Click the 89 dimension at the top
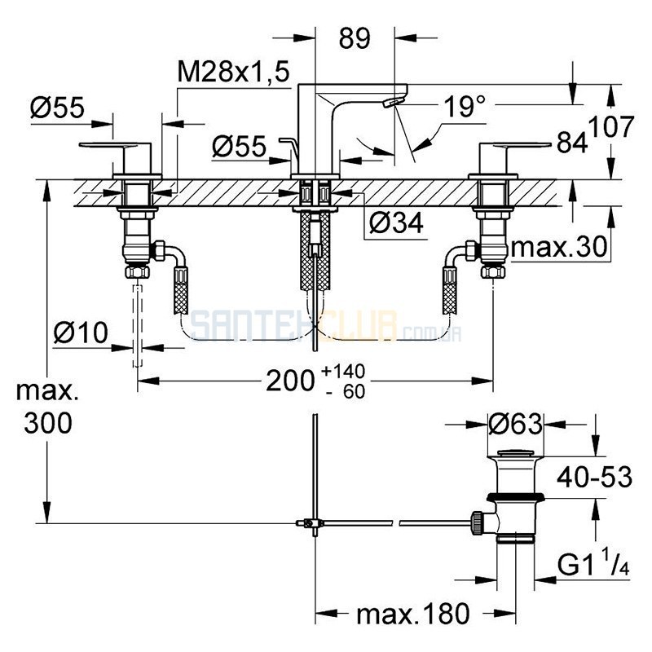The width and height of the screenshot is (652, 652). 355,38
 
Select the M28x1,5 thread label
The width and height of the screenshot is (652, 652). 233,72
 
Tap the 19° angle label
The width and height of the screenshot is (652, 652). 465,106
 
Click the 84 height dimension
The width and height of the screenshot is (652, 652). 573,142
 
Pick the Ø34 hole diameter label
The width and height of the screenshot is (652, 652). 396,222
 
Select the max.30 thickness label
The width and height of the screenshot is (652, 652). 559,247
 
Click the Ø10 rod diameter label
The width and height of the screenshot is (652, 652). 81,333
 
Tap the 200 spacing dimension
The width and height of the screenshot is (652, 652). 290,381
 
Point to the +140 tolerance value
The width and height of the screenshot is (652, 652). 343,371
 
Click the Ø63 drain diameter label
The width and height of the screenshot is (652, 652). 516,424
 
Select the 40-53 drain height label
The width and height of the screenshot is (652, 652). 595,477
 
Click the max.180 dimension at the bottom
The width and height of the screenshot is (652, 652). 413,614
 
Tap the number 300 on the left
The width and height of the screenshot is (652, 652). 48,424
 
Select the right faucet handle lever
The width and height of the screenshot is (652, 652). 515,145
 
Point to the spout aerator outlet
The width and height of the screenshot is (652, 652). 394,103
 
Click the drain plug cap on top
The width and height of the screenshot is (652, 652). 516,452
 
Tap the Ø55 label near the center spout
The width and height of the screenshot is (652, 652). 239,147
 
